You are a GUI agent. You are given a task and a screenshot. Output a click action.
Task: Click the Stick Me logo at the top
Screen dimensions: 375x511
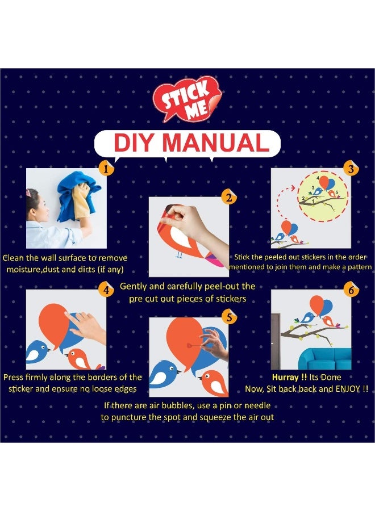tap(188, 99)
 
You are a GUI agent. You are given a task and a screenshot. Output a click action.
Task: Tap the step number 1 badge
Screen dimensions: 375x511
tap(106, 169)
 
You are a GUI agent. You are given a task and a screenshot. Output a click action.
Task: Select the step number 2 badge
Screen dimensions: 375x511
tap(229, 197)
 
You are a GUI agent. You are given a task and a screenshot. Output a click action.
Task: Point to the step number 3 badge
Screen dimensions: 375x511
tap(351, 169)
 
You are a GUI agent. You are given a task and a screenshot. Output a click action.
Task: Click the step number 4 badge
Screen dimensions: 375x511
tap(106, 290)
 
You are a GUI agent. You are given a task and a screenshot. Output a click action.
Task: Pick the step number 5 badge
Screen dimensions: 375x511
tap(229, 317)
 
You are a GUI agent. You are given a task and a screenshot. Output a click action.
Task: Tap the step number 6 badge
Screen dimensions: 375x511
tap(351, 290)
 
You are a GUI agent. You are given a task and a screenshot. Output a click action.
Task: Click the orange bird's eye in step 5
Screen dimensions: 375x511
tap(208, 377)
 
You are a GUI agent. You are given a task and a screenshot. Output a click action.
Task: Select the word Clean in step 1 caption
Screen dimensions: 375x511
tap(14, 258)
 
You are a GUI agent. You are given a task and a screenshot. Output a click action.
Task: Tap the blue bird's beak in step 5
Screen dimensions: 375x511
tap(179, 371)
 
